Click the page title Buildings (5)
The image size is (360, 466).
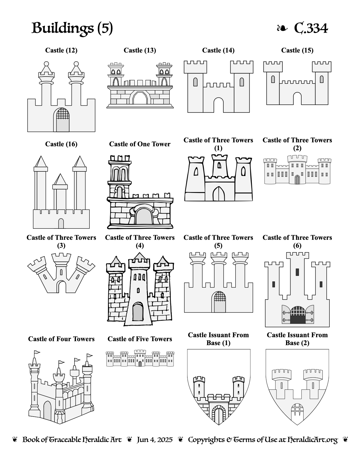(72, 28)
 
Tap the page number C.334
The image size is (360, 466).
(311, 28)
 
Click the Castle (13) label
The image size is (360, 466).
(140, 50)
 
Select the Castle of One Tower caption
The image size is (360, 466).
(140, 144)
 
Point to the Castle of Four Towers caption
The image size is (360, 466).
(61, 339)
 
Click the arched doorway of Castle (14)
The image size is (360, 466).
(219, 105)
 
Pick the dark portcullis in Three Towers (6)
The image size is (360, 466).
(298, 315)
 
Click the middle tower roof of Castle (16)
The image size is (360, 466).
(60, 179)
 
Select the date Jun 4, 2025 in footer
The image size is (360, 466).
(155, 440)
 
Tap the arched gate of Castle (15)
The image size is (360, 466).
(297, 99)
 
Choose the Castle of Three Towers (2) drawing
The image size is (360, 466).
(297, 170)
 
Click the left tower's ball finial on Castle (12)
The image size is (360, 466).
(46, 64)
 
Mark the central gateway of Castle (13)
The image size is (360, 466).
(140, 98)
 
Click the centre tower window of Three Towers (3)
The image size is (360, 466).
(61, 272)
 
